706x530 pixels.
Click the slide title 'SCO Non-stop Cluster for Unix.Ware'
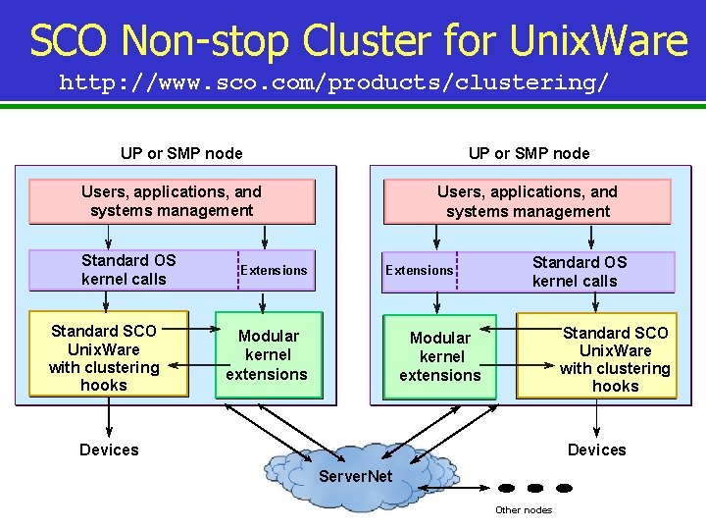coord(358,41)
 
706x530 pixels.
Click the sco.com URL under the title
coord(333,82)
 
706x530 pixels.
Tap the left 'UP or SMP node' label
coord(181,153)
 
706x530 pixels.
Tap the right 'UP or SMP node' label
coord(529,153)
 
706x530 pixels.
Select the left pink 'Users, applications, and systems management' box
coord(172,201)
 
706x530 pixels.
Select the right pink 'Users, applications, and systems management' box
coord(528,202)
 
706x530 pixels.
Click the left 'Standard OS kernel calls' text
coord(128,270)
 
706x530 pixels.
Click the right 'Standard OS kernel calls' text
coord(579,272)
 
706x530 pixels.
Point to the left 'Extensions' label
coord(275,270)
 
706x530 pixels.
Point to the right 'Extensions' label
coord(420,270)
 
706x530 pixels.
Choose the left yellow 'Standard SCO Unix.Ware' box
coord(107,354)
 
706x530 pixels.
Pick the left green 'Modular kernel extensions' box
coord(268,355)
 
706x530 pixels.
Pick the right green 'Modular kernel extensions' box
coord(440,356)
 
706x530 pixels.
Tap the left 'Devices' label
coord(109,450)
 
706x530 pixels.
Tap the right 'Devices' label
coord(596,450)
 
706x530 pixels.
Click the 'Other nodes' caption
coord(524,509)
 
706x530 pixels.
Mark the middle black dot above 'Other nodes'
coord(535,488)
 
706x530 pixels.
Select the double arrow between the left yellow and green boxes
coord(202,363)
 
